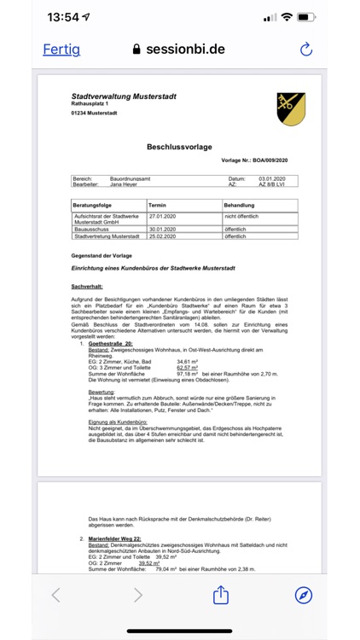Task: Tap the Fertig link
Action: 61,49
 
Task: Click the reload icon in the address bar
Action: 306,49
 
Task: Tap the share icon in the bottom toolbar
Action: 221,595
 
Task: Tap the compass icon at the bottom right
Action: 303,595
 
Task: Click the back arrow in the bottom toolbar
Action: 56,595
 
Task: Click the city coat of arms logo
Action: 291,109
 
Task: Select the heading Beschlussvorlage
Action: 179,147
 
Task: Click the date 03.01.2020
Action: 272,178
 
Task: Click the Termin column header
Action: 157,206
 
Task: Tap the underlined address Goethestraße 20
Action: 111,342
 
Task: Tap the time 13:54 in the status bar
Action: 63,17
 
